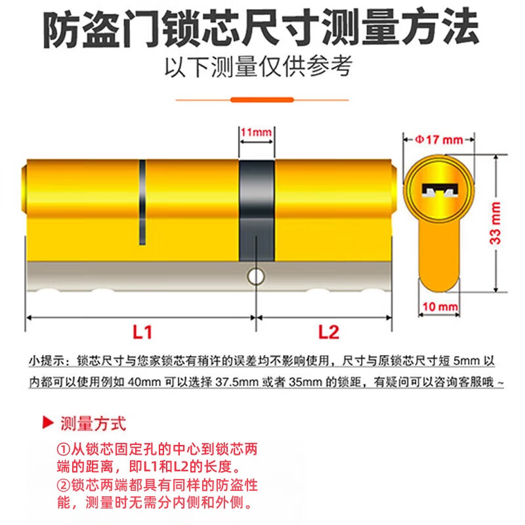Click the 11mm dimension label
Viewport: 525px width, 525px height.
[256, 133]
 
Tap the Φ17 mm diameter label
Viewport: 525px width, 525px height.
[438, 139]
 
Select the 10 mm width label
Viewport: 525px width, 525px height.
[438, 306]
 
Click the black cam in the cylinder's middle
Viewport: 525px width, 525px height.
[256, 210]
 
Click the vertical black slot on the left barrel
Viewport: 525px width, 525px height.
[141, 203]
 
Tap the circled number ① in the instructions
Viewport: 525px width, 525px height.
[62, 451]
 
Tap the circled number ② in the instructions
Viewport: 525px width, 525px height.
[62, 486]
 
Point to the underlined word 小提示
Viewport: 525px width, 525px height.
[47, 361]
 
